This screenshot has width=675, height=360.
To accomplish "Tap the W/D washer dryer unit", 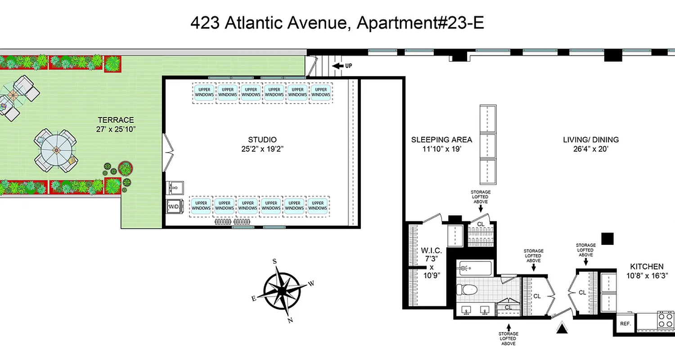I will pyautogui.click(x=173, y=207).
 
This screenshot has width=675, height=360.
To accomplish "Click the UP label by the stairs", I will pyautogui.click(x=348, y=66).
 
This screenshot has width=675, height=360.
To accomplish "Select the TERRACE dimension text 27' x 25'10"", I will pyautogui.click(x=117, y=129).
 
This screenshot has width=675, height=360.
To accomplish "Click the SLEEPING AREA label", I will pyautogui.click(x=435, y=139).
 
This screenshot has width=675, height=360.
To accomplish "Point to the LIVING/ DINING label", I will pyautogui.click(x=591, y=139).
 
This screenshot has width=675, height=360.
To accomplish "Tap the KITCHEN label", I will pyautogui.click(x=646, y=266).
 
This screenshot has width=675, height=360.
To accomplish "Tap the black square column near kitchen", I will pyautogui.click(x=607, y=238).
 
